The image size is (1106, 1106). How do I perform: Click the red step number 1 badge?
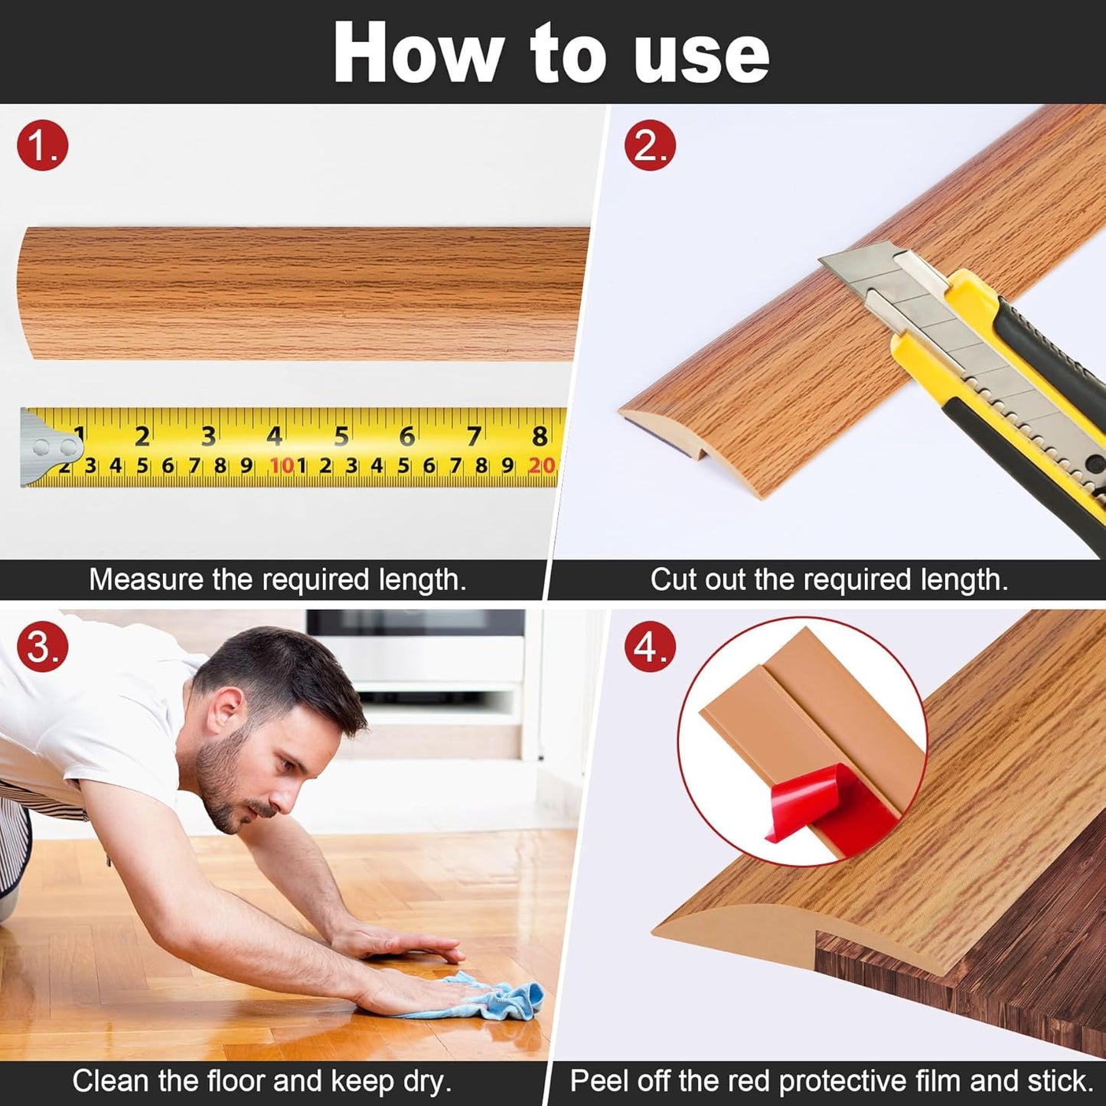pyautogui.click(x=43, y=145)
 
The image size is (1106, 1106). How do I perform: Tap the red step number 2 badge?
pyautogui.click(x=650, y=145)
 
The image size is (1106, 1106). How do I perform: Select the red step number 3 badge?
pyautogui.click(x=43, y=647)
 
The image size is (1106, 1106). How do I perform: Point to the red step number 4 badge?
pyautogui.click(x=650, y=647)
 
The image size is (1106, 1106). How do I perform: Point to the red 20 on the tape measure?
pyautogui.click(x=541, y=465)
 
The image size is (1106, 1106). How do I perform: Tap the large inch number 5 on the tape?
pyautogui.click(x=341, y=436)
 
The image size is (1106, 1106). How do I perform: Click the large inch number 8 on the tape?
pyautogui.click(x=540, y=436)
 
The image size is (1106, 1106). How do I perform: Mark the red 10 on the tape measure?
pyautogui.click(x=281, y=465)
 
